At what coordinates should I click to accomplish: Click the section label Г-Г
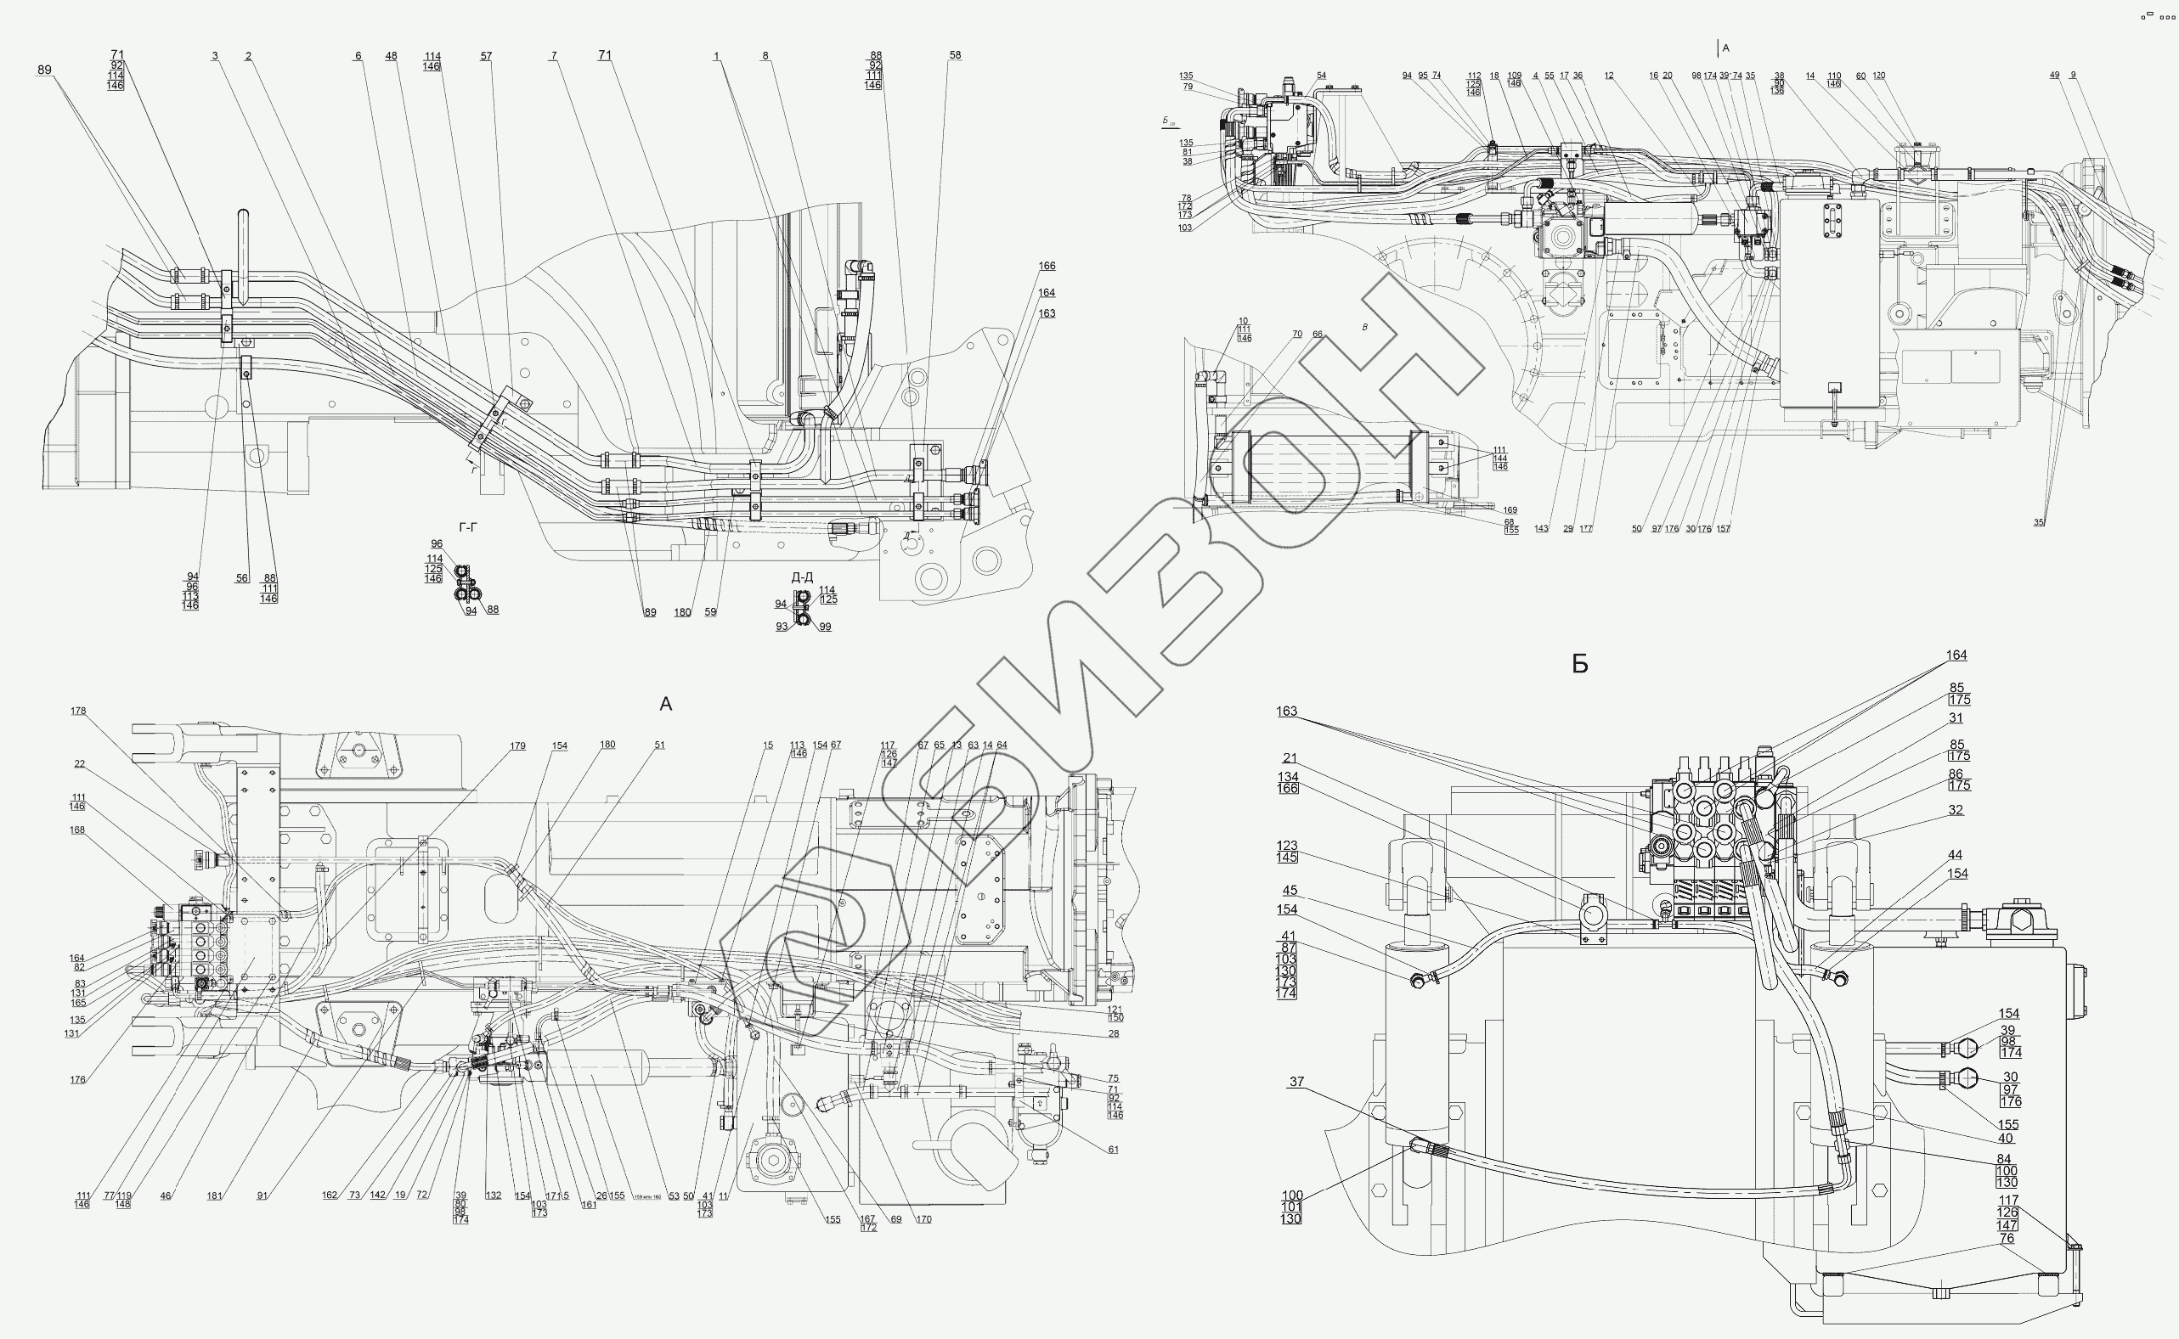click(468, 528)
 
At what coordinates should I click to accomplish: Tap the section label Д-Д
click(802, 577)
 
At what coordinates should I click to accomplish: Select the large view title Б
click(1580, 664)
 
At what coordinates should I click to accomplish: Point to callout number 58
click(955, 55)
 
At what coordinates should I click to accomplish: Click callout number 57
click(486, 56)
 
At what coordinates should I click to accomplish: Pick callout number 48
click(392, 56)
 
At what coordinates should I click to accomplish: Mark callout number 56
click(242, 578)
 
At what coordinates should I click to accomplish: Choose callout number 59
click(710, 612)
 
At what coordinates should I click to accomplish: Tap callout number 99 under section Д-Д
click(825, 627)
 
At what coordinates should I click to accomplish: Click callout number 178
click(78, 710)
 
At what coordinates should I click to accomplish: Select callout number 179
click(517, 745)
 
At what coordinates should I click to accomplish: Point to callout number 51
click(660, 745)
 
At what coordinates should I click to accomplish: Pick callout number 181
click(214, 1196)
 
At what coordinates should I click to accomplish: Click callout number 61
click(1114, 1150)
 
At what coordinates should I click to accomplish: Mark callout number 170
click(924, 1219)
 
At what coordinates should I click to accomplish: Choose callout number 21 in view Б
click(1290, 758)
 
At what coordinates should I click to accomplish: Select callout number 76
click(2007, 1238)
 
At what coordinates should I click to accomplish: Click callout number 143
click(1541, 529)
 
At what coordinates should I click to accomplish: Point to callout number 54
click(1322, 76)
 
